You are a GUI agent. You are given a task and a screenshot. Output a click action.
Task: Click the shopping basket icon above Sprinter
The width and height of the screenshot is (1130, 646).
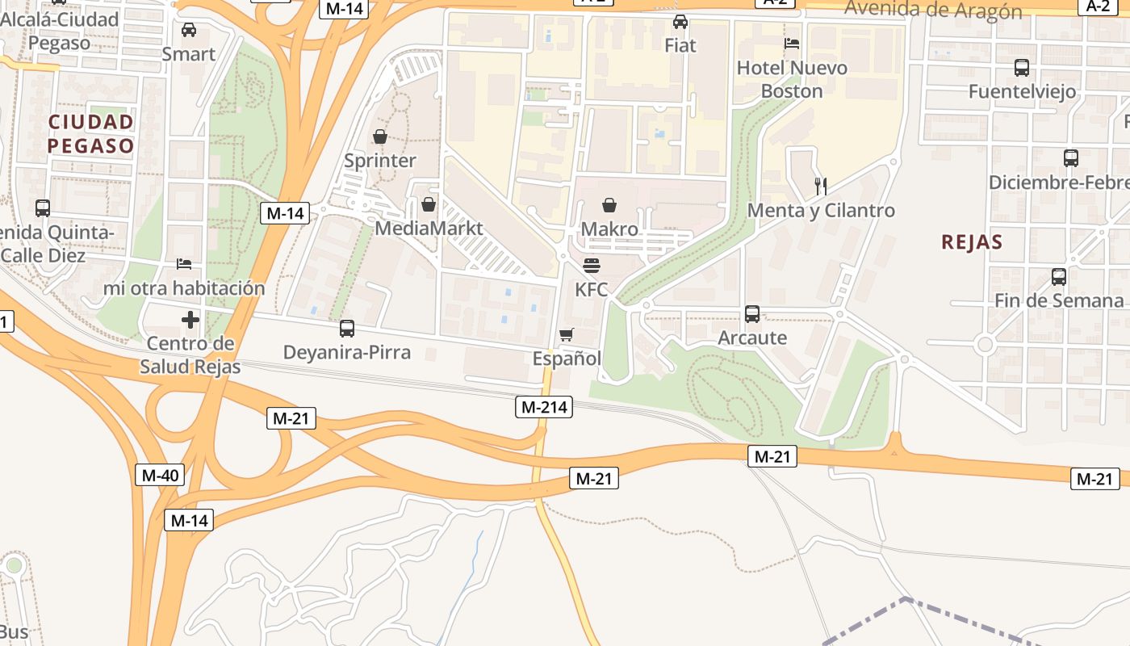379,137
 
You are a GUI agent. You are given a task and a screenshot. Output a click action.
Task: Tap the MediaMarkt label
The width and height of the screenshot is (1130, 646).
428,228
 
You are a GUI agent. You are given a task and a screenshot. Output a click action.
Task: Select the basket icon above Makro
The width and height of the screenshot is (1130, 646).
609,206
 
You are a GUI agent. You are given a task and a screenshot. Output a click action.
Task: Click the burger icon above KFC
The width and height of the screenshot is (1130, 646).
592,266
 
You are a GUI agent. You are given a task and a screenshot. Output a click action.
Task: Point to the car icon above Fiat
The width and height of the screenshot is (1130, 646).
680,22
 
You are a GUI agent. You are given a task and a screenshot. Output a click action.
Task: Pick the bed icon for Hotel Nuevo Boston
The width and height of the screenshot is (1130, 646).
792,44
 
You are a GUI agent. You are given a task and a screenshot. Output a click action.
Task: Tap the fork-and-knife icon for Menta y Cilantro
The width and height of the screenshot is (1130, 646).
821,187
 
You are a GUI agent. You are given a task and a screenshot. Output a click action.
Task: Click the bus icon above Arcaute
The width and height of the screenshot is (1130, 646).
752,313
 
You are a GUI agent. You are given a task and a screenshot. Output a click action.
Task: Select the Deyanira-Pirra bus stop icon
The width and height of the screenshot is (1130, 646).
347,329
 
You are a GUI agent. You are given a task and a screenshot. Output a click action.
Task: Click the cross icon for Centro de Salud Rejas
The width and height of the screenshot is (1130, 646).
190,320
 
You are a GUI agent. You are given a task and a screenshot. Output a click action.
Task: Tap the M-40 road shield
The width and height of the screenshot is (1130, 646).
160,475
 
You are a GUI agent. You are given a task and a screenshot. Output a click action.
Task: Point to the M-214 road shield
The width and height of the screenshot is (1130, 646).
544,407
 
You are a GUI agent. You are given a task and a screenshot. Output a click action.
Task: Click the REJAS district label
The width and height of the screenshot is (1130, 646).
972,241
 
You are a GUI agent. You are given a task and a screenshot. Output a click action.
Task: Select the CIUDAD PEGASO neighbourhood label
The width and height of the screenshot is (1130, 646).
90,134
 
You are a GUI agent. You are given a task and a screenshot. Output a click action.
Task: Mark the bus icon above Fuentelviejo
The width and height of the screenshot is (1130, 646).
1022,68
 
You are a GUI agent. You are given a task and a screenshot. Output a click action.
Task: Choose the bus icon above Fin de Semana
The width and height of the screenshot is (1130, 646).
1059,277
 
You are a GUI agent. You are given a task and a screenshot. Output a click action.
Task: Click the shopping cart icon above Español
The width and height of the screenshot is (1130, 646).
567,334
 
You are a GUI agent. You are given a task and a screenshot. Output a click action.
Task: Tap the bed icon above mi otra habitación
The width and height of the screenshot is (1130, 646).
184,264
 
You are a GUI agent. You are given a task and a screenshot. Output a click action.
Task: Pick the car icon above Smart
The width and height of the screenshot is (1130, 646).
189,30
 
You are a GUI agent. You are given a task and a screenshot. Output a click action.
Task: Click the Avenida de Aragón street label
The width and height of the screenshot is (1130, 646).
933,10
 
